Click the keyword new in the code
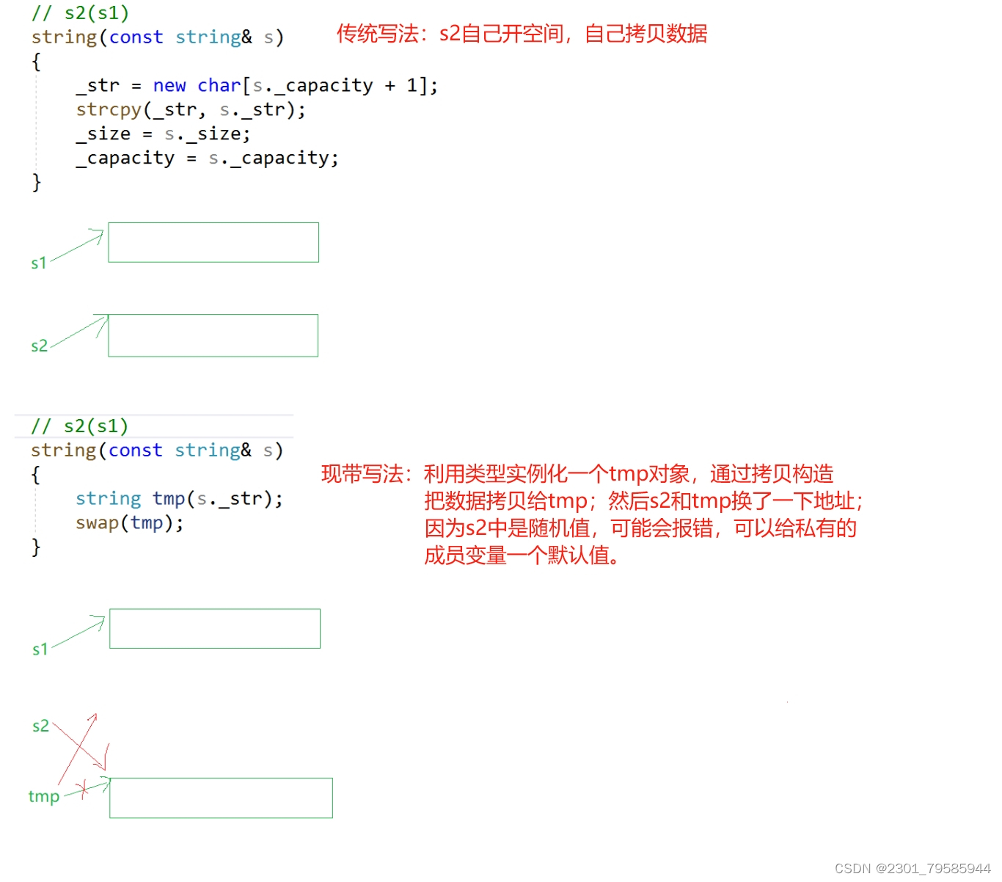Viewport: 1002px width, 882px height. [169, 86]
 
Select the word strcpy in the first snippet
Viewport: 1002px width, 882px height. [109, 110]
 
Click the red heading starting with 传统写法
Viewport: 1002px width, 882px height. [522, 34]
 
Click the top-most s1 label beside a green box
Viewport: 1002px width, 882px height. [39, 263]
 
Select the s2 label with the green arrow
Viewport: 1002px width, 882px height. [39, 346]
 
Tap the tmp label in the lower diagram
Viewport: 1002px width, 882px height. [44, 796]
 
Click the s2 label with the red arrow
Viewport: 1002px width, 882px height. [40, 726]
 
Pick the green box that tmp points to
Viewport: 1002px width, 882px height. [221, 798]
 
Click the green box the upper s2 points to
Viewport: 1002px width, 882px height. [213, 335]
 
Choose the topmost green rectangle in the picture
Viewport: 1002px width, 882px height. [213, 242]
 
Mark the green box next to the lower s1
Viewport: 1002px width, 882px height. [214, 628]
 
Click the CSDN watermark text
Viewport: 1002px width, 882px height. [912, 869]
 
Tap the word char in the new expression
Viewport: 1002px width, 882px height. [219, 86]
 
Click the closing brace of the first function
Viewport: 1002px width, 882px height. [37, 182]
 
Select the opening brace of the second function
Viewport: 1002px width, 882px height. [36, 475]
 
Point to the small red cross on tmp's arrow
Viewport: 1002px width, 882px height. [84, 789]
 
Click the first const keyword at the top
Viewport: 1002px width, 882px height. [136, 37]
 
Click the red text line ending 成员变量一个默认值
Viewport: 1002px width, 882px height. [522, 555]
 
